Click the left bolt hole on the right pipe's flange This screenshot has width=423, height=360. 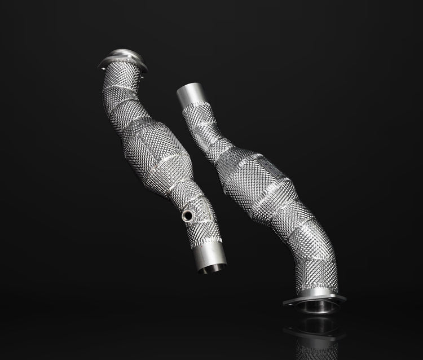pyautogui.click(x=288, y=304)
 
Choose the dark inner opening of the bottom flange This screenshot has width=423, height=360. pyautogui.click(x=314, y=308)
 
